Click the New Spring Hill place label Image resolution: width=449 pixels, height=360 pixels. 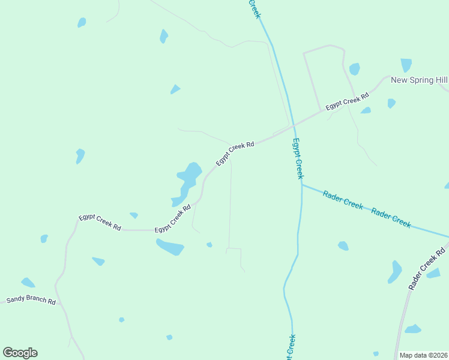click(x=419, y=80)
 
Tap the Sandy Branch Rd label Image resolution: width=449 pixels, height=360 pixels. click(x=31, y=300)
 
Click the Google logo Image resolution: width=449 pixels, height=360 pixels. click(x=20, y=353)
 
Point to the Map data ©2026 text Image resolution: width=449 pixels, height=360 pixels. click(x=423, y=355)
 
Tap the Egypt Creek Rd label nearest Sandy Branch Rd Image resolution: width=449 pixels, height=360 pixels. click(x=100, y=223)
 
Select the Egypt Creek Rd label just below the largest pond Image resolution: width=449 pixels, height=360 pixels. click(x=173, y=219)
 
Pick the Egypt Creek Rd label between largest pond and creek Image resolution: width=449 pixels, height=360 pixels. click(x=235, y=153)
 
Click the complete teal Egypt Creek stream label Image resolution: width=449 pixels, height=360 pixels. click(x=298, y=158)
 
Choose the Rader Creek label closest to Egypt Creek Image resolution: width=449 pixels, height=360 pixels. click(x=343, y=199)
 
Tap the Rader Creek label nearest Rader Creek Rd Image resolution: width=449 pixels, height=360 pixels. click(x=391, y=217)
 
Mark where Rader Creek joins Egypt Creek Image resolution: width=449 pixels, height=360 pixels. click(x=301, y=185)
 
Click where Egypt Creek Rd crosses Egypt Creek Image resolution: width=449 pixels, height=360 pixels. click(x=294, y=125)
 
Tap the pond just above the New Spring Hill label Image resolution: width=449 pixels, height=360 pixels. click(x=406, y=65)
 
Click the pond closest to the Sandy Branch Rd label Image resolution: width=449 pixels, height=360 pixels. click(x=28, y=282)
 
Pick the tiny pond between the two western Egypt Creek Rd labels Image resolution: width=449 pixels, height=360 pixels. click(x=134, y=215)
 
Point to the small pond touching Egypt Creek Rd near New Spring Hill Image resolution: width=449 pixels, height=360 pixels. click(x=366, y=110)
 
